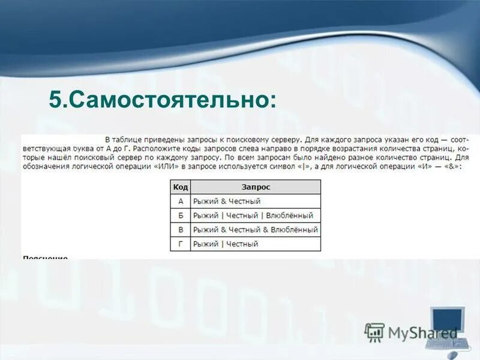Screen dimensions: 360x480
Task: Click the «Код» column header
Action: [180, 187]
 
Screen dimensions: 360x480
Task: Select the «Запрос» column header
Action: [256, 187]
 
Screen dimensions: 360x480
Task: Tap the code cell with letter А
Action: [180, 201]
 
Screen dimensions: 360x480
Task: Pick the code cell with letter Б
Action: [180, 215]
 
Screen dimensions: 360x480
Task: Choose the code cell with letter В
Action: [180, 230]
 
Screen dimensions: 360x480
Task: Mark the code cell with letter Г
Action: [180, 244]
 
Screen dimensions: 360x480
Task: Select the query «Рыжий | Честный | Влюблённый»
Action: [253, 215]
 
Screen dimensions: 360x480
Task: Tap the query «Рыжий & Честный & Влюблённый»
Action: [255, 230]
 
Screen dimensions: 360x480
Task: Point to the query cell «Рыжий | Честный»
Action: [226, 244]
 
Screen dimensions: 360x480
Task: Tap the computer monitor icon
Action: [448, 321]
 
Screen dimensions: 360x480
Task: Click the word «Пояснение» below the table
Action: [45, 258]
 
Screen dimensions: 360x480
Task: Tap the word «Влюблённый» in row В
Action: [295, 230]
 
